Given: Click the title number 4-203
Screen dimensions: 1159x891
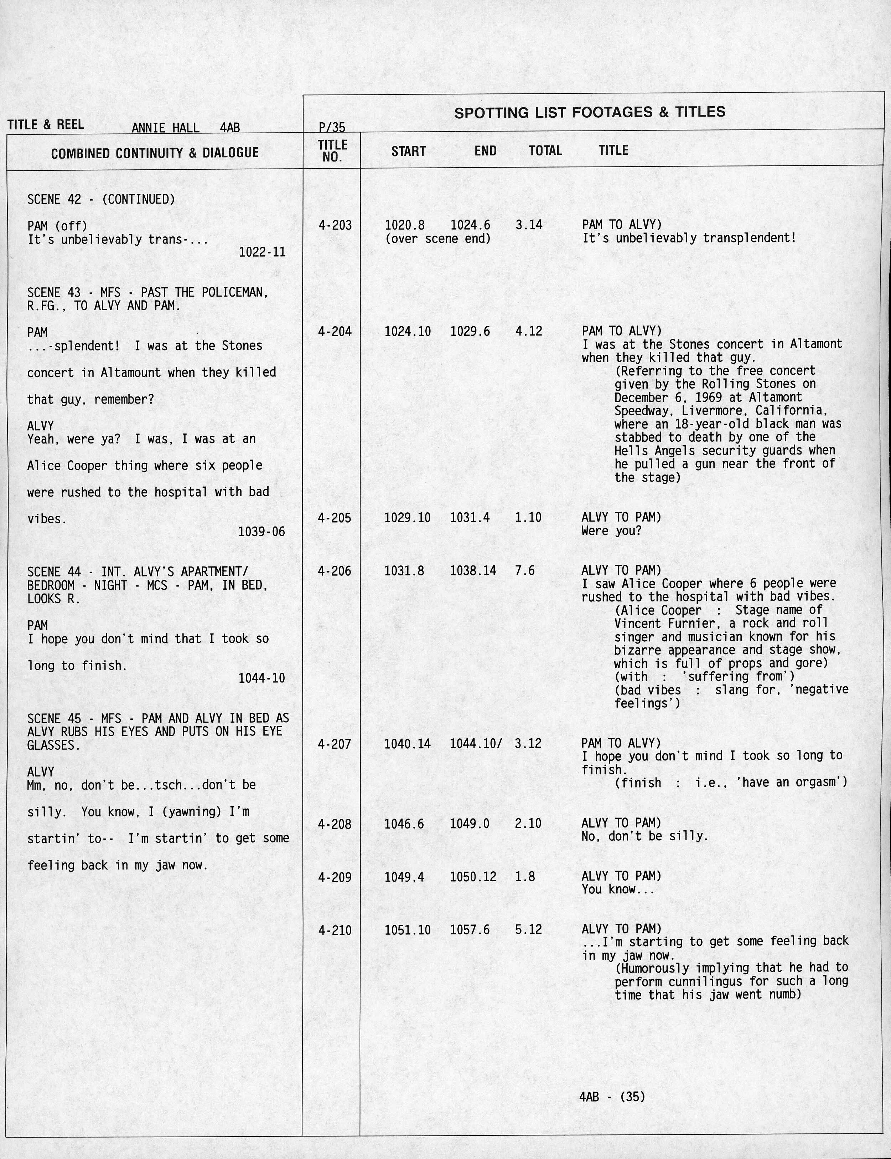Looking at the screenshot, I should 335,225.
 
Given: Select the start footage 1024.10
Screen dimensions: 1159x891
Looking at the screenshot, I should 407,332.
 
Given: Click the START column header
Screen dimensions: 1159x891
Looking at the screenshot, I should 408,151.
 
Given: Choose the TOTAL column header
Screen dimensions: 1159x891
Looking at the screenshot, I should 545,151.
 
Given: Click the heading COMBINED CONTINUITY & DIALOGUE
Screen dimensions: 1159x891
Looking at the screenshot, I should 155,153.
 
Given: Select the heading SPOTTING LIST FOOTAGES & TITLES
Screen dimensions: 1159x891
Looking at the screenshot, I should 590,112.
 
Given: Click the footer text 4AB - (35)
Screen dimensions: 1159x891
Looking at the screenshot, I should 612,1096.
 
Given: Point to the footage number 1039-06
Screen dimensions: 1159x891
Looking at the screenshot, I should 261,532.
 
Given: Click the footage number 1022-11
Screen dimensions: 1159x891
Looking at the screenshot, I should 262,252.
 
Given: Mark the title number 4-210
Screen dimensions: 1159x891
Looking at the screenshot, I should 335,930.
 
